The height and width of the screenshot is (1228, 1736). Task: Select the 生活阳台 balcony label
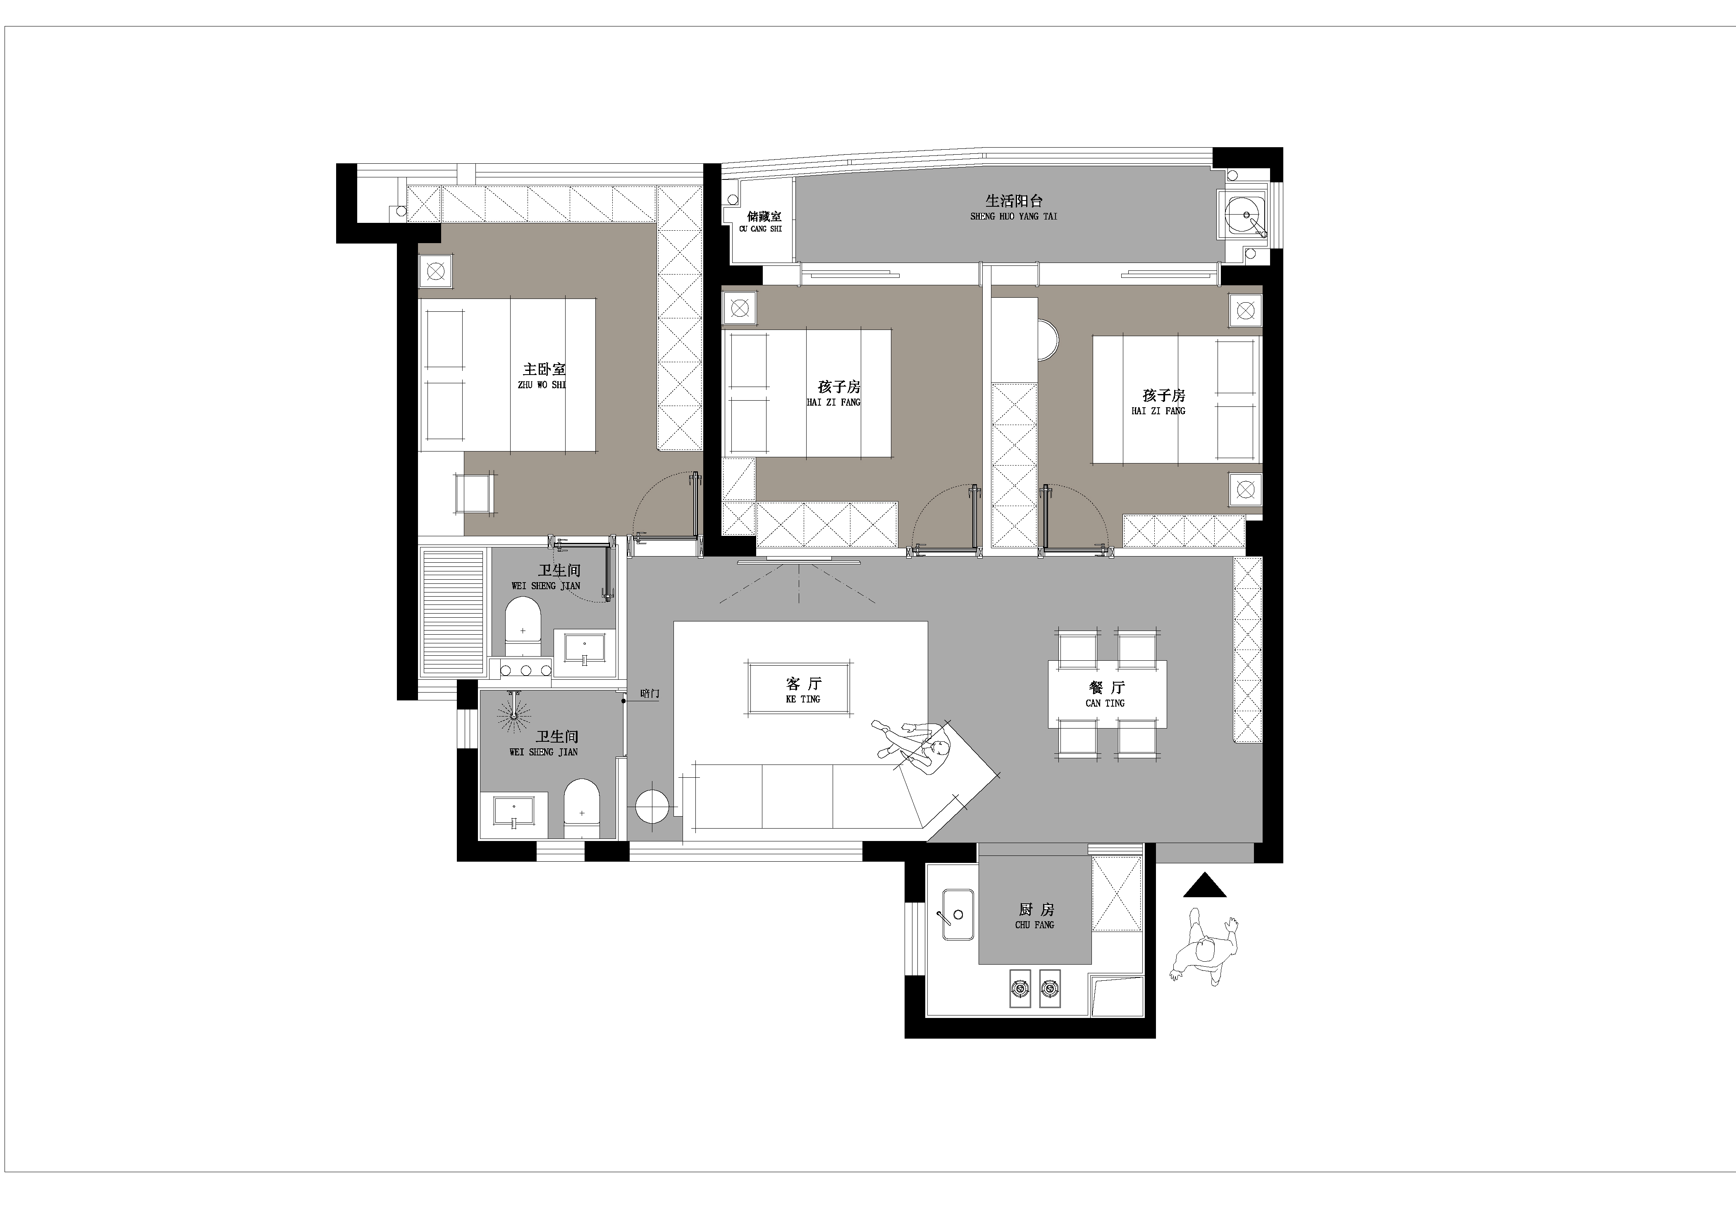point(1014,201)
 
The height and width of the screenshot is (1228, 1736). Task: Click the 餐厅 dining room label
point(1107,687)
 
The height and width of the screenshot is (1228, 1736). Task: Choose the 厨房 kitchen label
point(1035,910)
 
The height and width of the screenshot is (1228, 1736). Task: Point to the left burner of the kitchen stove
point(1020,987)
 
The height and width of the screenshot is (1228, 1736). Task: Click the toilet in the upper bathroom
point(523,627)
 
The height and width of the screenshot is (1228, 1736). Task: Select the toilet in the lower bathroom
point(581,809)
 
